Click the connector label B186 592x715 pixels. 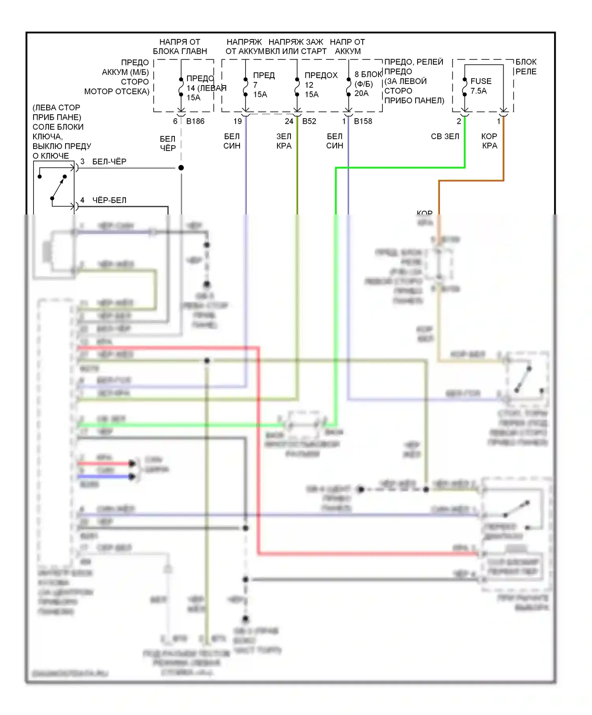[x=195, y=121]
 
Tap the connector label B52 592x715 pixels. [x=309, y=121]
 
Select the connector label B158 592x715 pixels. [x=363, y=121]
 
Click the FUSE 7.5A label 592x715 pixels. [x=481, y=86]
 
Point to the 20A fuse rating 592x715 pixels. [x=361, y=93]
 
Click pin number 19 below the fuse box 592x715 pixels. [x=238, y=121]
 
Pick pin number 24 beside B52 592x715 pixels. [x=289, y=121]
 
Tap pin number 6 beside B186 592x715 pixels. [x=175, y=121]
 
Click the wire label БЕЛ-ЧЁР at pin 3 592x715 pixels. [x=109, y=162]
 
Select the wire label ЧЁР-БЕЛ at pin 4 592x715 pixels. [x=109, y=200]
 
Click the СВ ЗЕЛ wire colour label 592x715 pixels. [x=445, y=136]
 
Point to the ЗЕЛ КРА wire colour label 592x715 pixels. [x=284, y=141]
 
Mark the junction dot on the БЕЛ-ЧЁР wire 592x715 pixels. [x=181, y=168]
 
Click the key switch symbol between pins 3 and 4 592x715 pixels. [x=58, y=188]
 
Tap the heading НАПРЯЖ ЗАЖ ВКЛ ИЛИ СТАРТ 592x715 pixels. [x=296, y=47]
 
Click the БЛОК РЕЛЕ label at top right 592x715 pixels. [x=526, y=67]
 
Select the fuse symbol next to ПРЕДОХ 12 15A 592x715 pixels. [x=297, y=87]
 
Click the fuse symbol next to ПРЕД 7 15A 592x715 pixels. [x=245, y=87]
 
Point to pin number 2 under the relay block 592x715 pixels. [x=459, y=121]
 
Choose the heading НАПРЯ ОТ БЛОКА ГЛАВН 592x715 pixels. [x=180, y=47]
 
